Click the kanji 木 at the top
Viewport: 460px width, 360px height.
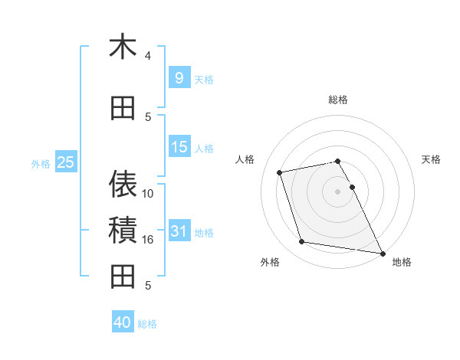click(123, 47)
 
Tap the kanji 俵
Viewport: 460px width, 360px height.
click(123, 183)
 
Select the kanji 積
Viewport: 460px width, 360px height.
click(123, 230)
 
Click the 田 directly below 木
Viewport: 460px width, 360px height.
click(123, 108)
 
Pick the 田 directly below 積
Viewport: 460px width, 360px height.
click(123, 276)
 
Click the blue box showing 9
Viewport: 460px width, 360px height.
click(179, 77)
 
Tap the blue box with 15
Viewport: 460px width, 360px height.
click(179, 146)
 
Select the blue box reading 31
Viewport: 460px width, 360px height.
click(179, 231)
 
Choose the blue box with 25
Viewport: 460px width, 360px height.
click(65, 162)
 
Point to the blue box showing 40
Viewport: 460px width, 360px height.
click(123, 322)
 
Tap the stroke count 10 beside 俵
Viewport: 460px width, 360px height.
click(148, 194)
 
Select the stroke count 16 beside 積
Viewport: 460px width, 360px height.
click(148, 240)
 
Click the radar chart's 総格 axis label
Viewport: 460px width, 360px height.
click(337, 100)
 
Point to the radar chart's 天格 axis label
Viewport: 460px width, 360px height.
click(431, 159)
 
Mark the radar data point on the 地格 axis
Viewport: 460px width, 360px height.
click(382, 253)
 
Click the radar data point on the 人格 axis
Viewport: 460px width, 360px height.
click(280, 172)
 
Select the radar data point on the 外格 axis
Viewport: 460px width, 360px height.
click(302, 242)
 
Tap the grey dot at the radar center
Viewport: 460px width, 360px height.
click(337, 191)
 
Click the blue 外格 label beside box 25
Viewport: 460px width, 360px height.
click(41, 162)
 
